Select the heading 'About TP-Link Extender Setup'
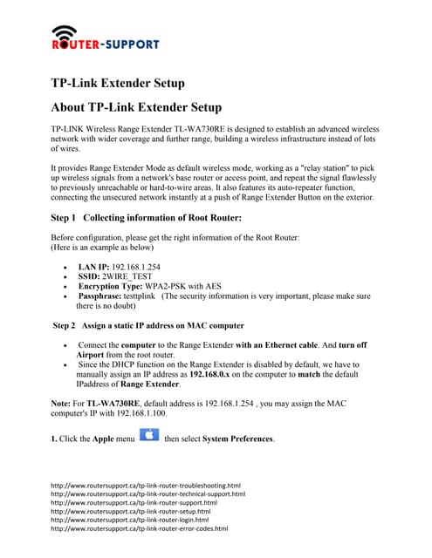point(137,107)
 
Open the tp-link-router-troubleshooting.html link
point(146,485)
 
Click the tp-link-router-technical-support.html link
point(148,493)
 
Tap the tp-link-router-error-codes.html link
point(140,528)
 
